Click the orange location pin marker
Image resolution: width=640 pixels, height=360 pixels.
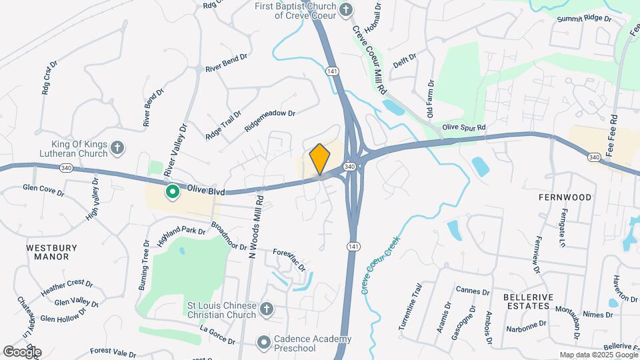coord(320,159)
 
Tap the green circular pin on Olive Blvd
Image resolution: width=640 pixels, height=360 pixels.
coord(172,193)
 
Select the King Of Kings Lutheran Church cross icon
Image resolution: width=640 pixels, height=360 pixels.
coord(117,147)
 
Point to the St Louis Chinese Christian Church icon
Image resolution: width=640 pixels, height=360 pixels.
coord(266,309)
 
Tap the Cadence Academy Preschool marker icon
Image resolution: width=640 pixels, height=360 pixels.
coord(264,343)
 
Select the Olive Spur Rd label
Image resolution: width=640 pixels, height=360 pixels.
coord(464,127)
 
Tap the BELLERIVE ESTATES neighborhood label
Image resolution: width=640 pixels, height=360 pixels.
coord(525,301)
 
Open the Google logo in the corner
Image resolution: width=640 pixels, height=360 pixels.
coord(22,351)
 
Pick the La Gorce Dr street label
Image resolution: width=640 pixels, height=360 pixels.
coord(217,335)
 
